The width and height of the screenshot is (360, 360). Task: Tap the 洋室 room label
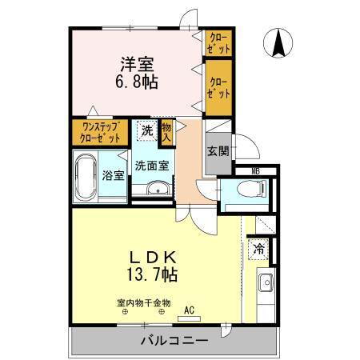pyautogui.click(x=137, y=63)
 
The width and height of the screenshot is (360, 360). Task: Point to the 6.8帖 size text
pyautogui.click(x=137, y=82)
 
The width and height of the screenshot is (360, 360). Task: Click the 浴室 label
pyautogui.click(x=112, y=176)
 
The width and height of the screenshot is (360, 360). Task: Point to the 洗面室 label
pyautogui.click(x=150, y=166)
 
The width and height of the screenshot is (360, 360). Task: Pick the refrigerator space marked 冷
pyautogui.click(x=260, y=249)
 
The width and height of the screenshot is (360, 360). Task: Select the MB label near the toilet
pyautogui.click(x=255, y=170)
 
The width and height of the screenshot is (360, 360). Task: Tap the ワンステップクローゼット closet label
pyautogui.click(x=100, y=131)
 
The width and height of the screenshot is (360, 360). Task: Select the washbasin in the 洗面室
pyautogui.click(x=157, y=189)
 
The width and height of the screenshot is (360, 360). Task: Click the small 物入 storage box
pyautogui.click(x=166, y=131)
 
